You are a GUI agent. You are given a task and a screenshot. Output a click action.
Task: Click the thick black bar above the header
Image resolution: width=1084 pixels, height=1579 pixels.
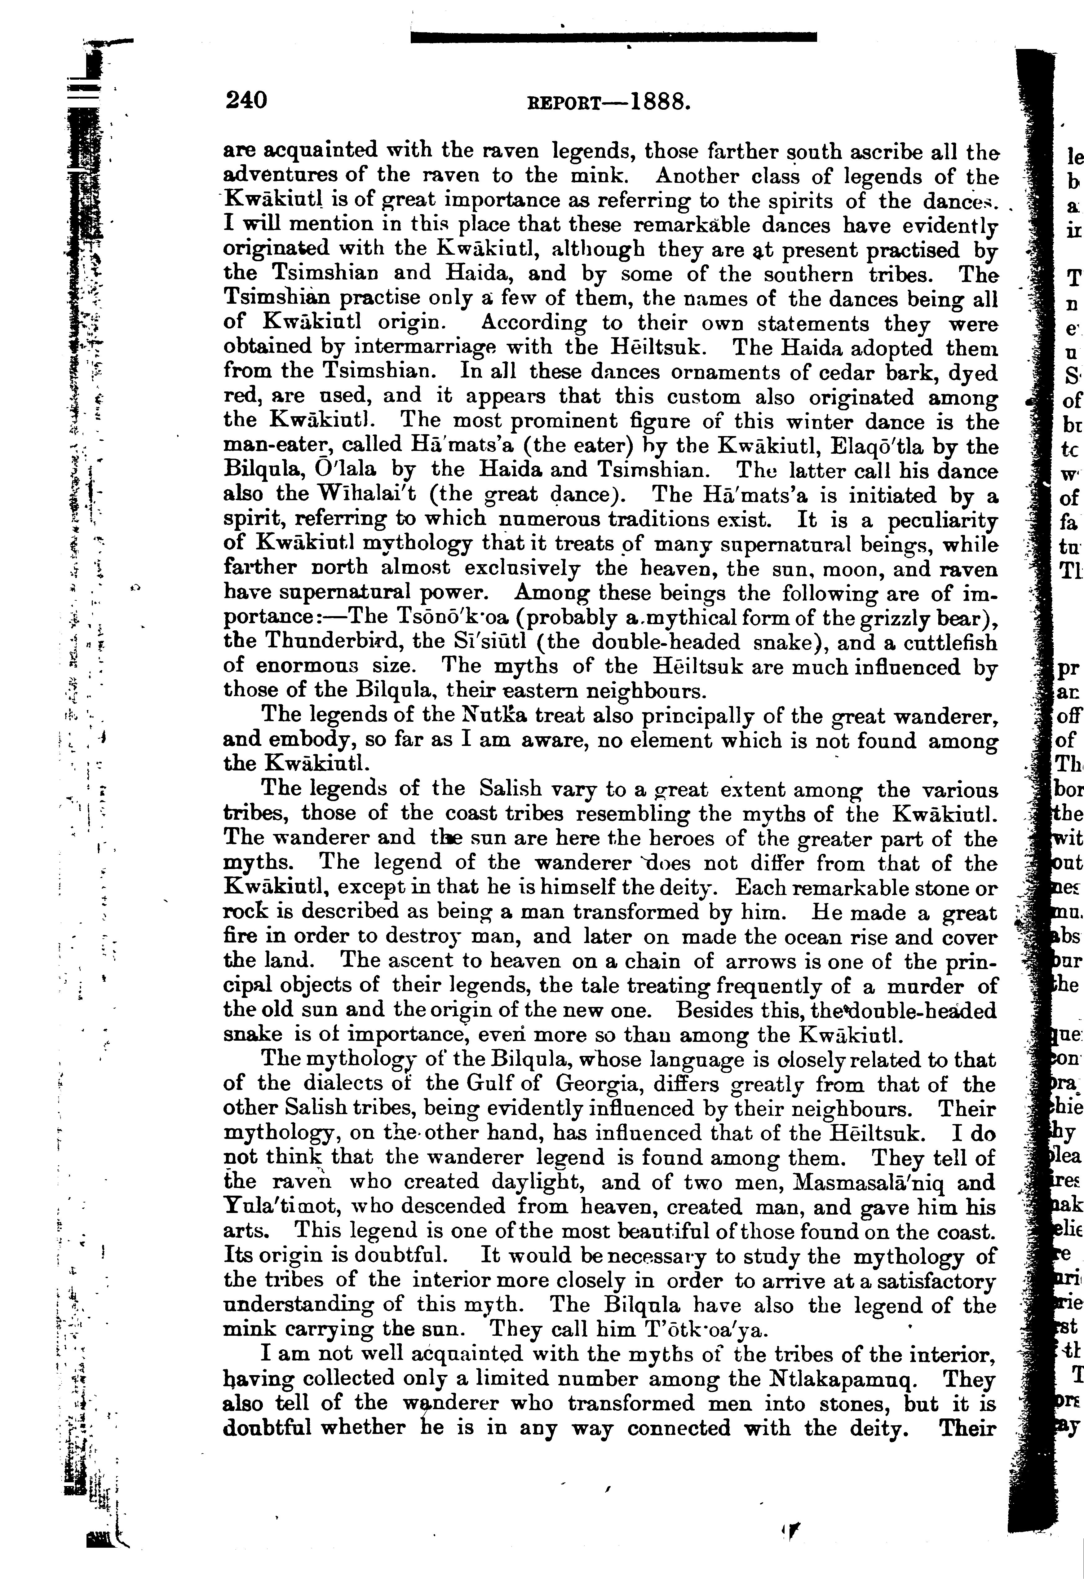[614, 37]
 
